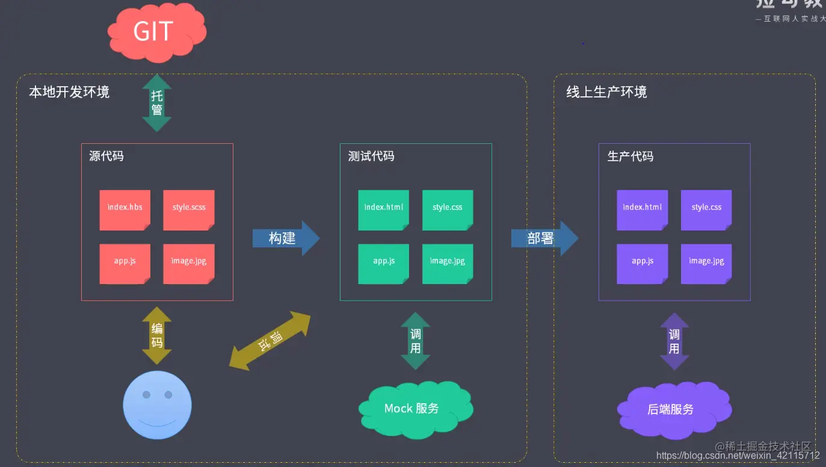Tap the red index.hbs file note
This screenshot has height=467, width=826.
[125, 209]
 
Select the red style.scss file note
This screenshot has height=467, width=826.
[189, 209]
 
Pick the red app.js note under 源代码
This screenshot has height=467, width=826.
[125, 263]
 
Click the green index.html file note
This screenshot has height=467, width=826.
[384, 209]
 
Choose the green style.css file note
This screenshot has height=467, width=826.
[448, 209]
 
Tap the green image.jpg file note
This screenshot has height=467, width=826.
[448, 263]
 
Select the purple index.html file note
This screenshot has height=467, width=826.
[643, 209]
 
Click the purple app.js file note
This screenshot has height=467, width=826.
[643, 263]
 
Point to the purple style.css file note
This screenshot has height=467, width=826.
[706, 209]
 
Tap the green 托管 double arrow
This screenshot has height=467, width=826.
[157, 103]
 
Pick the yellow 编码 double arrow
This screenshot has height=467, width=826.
[157, 335]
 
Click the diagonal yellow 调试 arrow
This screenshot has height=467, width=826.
[270, 341]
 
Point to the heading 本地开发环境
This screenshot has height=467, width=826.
[70, 92]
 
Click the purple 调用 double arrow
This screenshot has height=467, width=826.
[674, 341]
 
